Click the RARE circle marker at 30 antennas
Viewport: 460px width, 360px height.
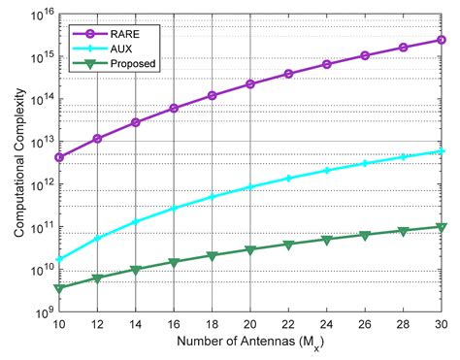pyautogui.click(x=442, y=40)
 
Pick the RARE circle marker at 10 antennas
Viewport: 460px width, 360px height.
pyautogui.click(x=60, y=156)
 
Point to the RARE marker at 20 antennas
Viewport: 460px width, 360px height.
pyautogui.click(x=250, y=84)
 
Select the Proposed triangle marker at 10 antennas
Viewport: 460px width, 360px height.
pyautogui.click(x=60, y=288)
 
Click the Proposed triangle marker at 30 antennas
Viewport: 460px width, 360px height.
pyautogui.click(x=442, y=227)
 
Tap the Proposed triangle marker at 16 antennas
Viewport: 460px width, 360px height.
pyautogui.click(x=175, y=262)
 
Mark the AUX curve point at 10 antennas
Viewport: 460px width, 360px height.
pyautogui.click(x=60, y=259)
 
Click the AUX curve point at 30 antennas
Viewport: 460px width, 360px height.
pyautogui.click(x=442, y=151)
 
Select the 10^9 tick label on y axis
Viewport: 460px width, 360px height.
pyautogui.click(x=38, y=313)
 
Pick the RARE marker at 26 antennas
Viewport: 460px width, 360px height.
pyautogui.click(x=365, y=55)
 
